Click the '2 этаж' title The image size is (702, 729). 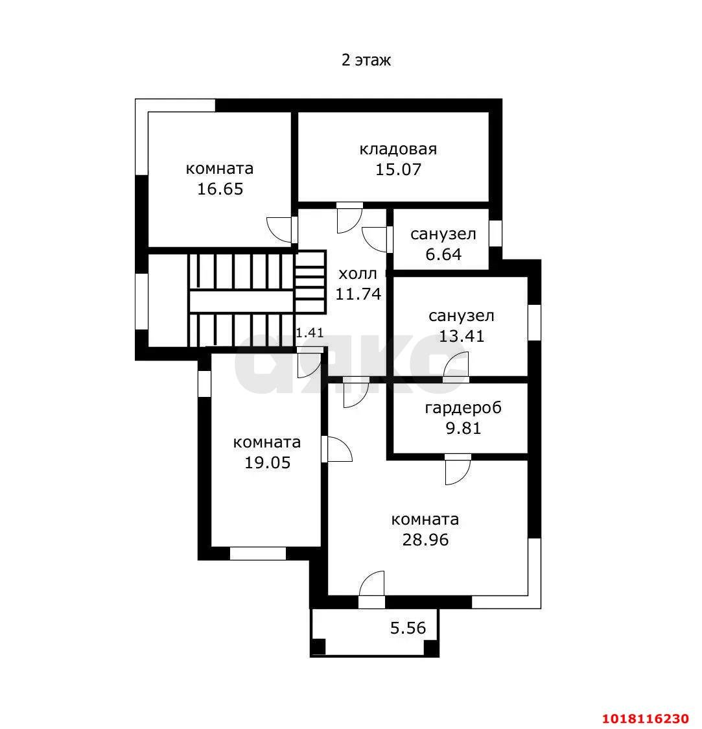click(x=366, y=60)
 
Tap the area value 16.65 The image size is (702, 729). click(x=220, y=189)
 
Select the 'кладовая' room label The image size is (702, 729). click(x=398, y=149)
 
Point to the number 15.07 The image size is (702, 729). click(x=398, y=169)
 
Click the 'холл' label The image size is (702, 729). click(x=358, y=274)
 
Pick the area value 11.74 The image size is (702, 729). click(x=358, y=294)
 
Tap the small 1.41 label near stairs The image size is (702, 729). click(x=310, y=333)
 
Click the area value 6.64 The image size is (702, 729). click(x=443, y=254)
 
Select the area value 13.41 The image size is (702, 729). click(x=462, y=335)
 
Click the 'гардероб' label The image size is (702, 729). click(x=463, y=408)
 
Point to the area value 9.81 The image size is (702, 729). click(x=463, y=427)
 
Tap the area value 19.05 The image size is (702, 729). click(x=267, y=462)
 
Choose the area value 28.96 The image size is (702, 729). click(x=425, y=540)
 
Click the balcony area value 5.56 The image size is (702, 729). click(x=408, y=628)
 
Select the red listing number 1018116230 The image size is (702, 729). click(x=646, y=719)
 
